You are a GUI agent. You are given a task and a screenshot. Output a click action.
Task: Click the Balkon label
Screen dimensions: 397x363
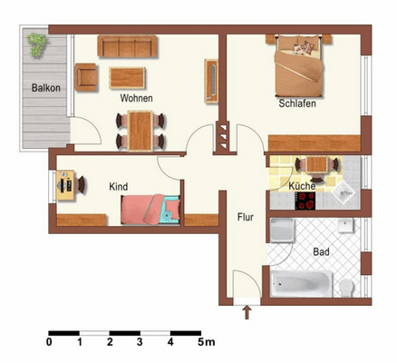click(x=46, y=88)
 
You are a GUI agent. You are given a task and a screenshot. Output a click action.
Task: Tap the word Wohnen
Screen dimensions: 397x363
click(x=136, y=98)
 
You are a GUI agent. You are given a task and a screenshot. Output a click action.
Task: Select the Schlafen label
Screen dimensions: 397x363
click(x=297, y=103)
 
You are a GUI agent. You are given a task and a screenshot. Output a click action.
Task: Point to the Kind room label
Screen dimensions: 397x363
click(x=119, y=187)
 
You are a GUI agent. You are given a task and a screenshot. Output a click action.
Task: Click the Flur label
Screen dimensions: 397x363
click(x=246, y=217)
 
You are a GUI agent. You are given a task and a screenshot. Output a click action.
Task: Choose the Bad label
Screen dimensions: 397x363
click(x=321, y=251)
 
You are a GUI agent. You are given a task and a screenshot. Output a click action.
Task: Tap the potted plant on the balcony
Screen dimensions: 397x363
click(x=37, y=44)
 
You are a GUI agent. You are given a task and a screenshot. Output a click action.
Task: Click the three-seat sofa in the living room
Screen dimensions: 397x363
click(x=127, y=46)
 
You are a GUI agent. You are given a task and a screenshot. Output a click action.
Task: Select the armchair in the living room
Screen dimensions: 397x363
click(x=86, y=77)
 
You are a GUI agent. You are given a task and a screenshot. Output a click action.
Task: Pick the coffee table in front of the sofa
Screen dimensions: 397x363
click(x=127, y=78)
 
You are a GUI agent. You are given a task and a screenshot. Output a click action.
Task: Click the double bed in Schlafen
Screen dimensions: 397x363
click(x=298, y=65)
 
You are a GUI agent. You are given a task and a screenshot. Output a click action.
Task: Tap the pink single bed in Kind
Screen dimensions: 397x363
click(x=150, y=210)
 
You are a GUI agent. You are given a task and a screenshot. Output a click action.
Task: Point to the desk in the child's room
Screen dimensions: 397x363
click(x=65, y=185)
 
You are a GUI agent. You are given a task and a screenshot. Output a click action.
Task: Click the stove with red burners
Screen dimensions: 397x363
click(x=305, y=201)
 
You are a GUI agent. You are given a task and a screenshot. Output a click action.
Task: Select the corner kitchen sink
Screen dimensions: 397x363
click(x=343, y=192)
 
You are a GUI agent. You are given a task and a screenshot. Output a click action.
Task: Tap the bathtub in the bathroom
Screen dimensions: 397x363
click(x=301, y=284)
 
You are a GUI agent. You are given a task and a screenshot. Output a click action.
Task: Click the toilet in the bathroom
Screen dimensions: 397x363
click(x=346, y=288)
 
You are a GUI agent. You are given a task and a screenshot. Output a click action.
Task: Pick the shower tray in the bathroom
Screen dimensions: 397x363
click(x=283, y=230)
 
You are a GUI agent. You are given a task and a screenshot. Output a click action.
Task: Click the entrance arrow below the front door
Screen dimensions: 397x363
click(x=247, y=313)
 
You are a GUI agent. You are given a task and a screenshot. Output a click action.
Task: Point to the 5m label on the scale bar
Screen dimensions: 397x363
click(x=207, y=342)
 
